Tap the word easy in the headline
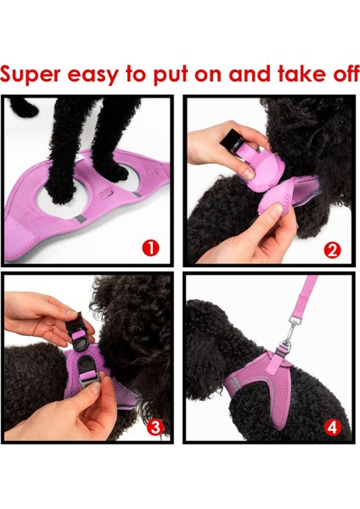coord(93,76)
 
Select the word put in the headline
coord(171,75)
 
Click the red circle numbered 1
coord(150,249)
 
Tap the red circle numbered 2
coord(332,250)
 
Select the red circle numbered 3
coord(155,428)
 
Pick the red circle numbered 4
coord(332,428)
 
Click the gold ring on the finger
coord(53,327)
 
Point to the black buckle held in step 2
coord(232,138)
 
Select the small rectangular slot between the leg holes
coord(105,195)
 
